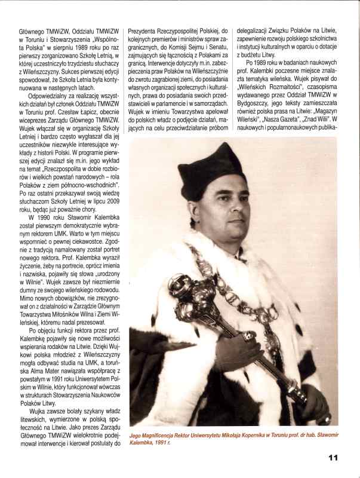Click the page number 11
coord(333,457)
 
